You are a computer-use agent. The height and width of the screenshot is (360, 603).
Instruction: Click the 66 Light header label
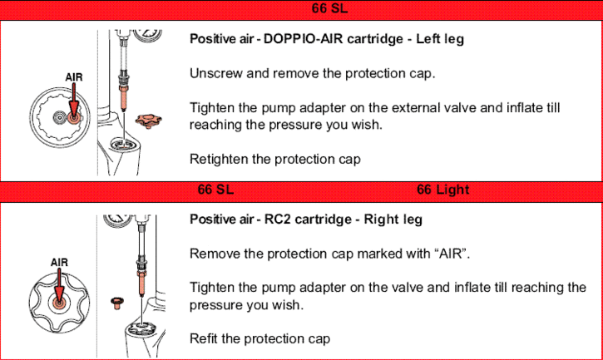click(x=443, y=190)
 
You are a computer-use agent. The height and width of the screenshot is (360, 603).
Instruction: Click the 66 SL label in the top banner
click(x=329, y=8)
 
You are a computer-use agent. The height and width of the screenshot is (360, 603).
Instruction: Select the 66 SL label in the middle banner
click(x=215, y=190)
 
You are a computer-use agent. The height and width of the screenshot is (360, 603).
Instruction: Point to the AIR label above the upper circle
click(x=74, y=77)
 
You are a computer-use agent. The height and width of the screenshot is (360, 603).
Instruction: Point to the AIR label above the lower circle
click(x=59, y=262)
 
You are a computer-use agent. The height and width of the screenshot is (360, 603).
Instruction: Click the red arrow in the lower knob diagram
click(x=59, y=285)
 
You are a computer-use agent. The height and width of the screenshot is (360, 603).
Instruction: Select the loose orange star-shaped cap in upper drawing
click(x=148, y=121)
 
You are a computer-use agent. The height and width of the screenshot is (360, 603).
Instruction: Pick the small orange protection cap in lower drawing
click(x=117, y=303)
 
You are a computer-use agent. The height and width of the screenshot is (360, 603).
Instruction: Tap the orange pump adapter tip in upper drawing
click(x=123, y=99)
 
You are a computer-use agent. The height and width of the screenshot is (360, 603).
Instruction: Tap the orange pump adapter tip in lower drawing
click(x=141, y=284)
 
